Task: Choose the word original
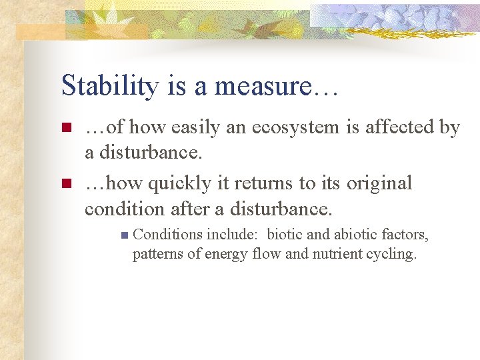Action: (378, 183)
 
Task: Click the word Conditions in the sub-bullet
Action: (168, 235)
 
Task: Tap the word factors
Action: (408, 235)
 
